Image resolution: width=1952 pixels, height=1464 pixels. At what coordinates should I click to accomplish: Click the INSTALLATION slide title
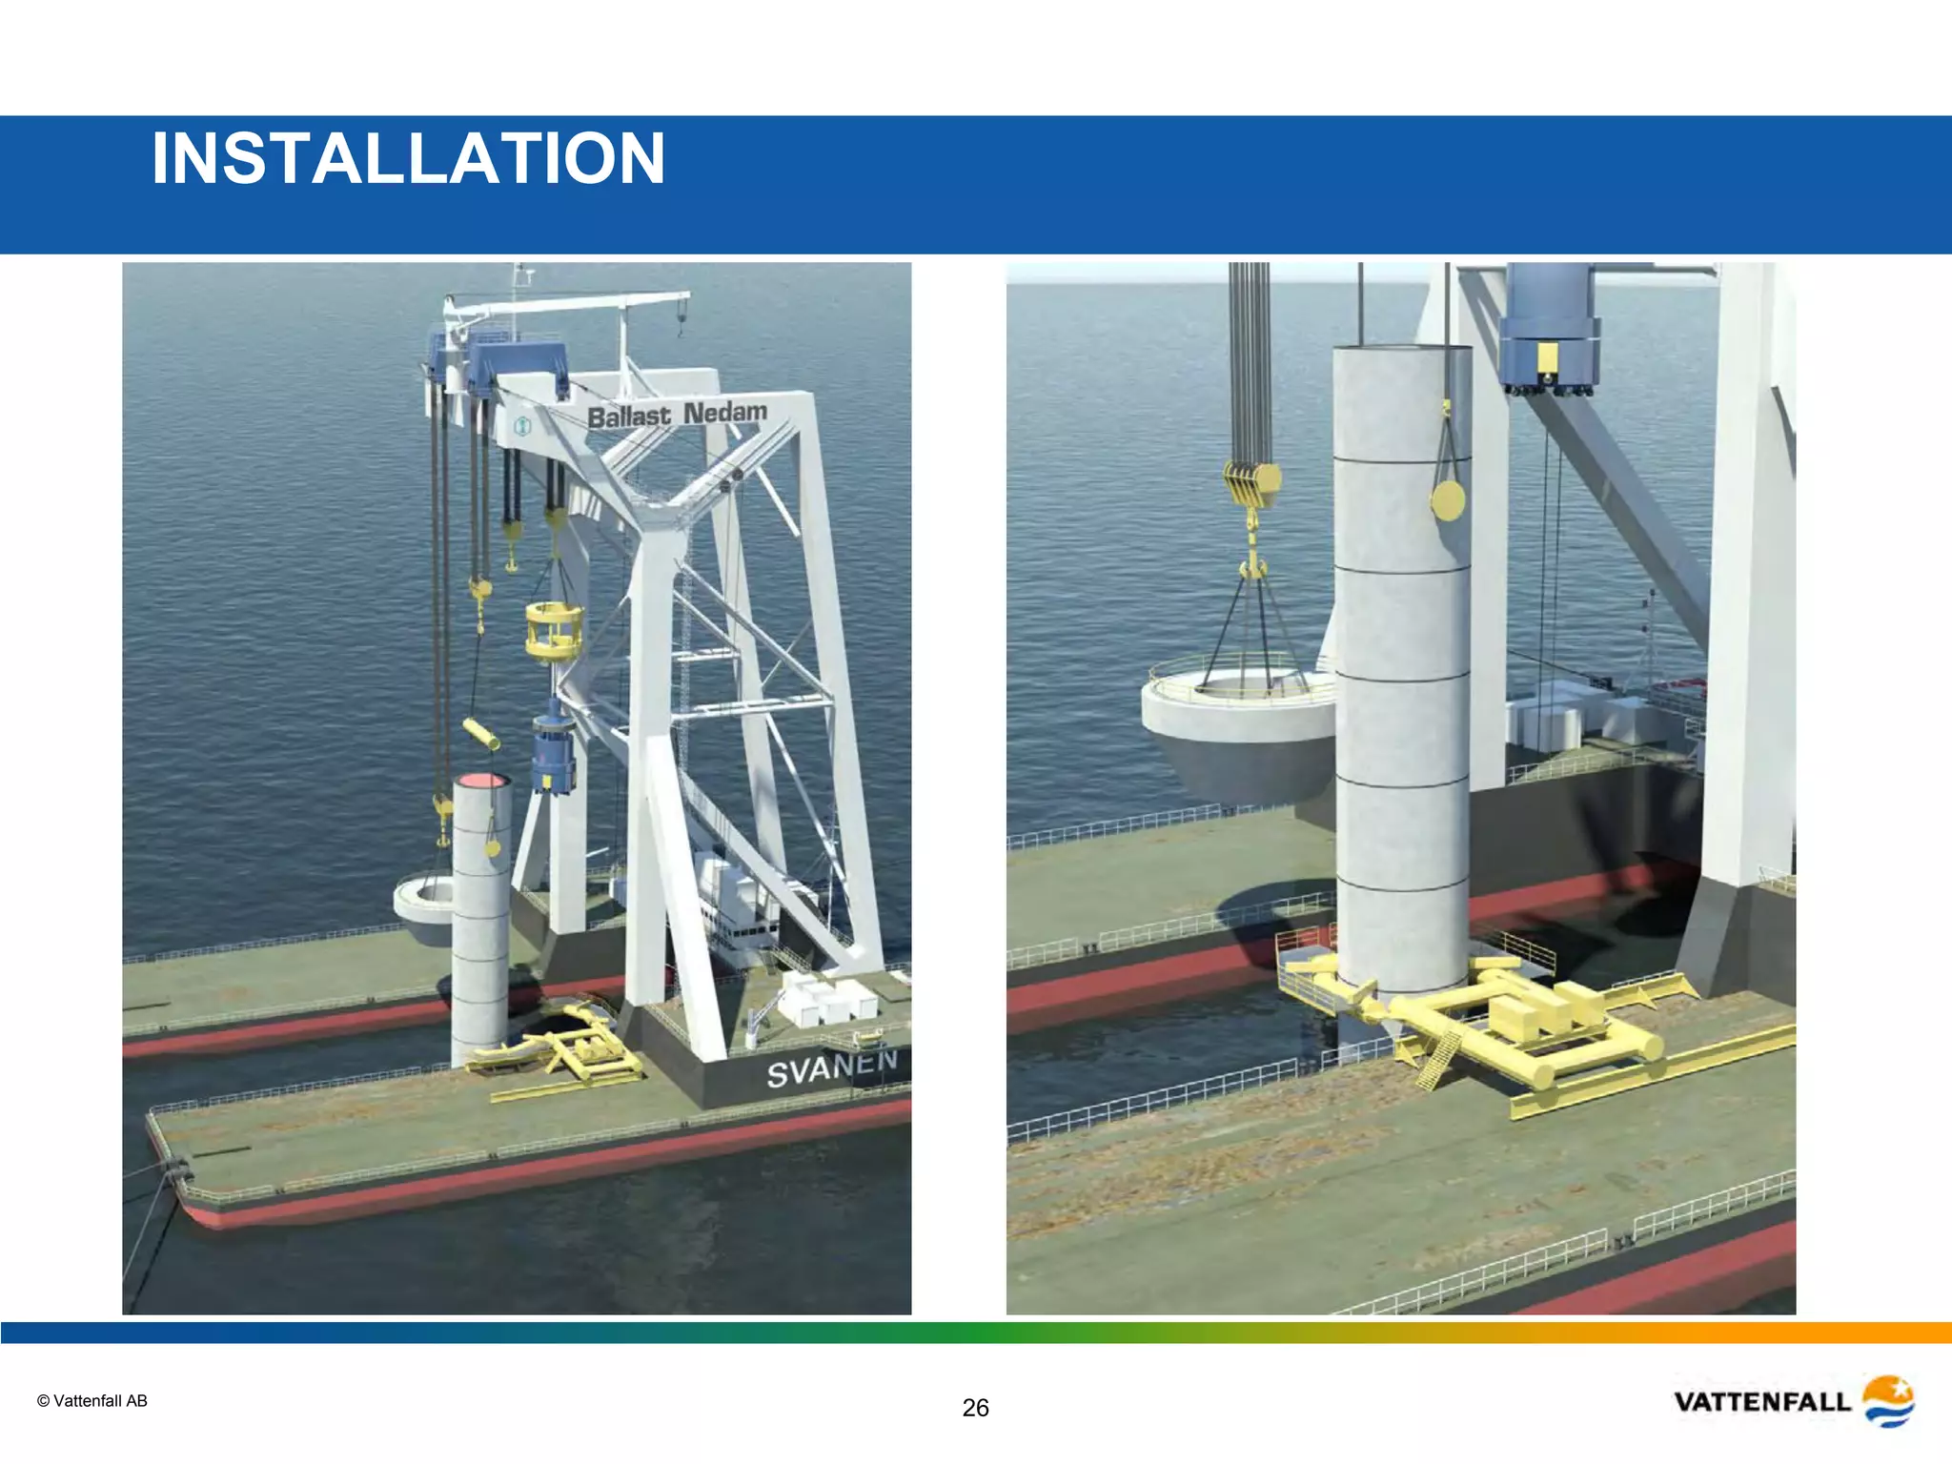(408, 158)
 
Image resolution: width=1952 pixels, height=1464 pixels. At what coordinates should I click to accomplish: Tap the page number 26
(975, 1408)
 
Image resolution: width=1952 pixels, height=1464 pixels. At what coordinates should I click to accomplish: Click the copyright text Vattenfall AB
(92, 1401)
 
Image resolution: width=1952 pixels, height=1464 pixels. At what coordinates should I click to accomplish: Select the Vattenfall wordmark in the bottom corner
(1761, 1402)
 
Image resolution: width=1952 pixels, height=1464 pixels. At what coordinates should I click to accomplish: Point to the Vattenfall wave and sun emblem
(1888, 1400)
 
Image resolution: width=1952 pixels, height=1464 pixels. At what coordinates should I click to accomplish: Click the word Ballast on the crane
(629, 417)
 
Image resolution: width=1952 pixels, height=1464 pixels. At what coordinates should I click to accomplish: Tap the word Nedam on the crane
(725, 412)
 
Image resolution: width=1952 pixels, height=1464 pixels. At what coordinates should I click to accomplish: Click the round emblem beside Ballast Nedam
(522, 426)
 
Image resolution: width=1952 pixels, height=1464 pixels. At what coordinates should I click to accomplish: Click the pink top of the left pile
(481, 782)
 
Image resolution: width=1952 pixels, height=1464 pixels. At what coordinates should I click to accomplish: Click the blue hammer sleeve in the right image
(1549, 329)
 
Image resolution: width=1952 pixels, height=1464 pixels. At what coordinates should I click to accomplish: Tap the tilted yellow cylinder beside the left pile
(481, 734)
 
